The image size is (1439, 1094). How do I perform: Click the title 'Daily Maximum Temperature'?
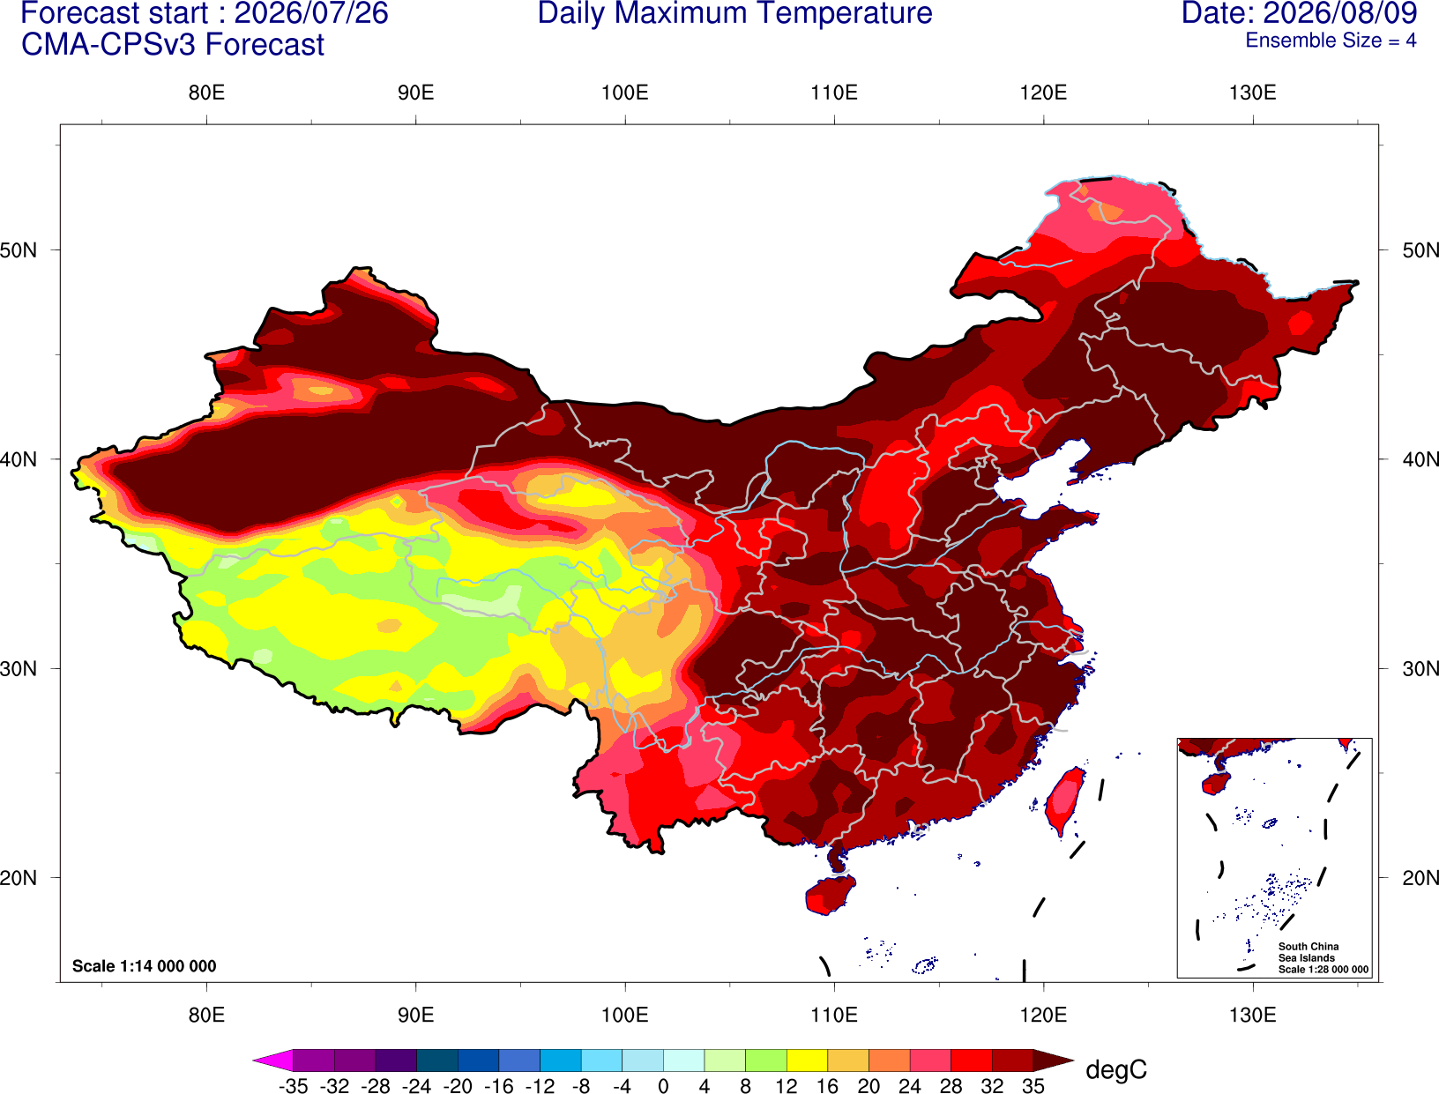[x=734, y=13]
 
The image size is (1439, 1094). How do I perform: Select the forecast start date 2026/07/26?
[x=310, y=13]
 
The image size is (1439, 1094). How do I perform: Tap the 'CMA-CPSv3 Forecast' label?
[x=173, y=45]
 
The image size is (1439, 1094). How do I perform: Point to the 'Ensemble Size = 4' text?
[x=1331, y=41]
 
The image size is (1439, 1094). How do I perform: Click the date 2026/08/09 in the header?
[x=1340, y=13]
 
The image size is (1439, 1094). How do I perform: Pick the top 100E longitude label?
[x=625, y=93]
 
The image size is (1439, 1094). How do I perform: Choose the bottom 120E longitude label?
[x=1043, y=1016]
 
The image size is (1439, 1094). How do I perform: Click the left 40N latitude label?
[x=19, y=459]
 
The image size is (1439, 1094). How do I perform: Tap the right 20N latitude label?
[x=1420, y=878]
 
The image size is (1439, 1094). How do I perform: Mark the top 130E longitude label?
[x=1252, y=93]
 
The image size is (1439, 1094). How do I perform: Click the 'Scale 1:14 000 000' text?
[x=145, y=966]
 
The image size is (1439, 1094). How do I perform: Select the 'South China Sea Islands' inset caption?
[x=1308, y=952]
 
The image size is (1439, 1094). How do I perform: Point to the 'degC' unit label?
[x=1115, y=1069]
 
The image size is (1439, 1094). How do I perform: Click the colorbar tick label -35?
[x=293, y=1086]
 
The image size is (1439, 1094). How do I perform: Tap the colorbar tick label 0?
[x=663, y=1086]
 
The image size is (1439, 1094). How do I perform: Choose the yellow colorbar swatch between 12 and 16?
[x=807, y=1060]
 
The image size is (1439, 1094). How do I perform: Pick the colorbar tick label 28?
[x=951, y=1086]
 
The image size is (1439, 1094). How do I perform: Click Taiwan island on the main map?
[x=1064, y=801]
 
